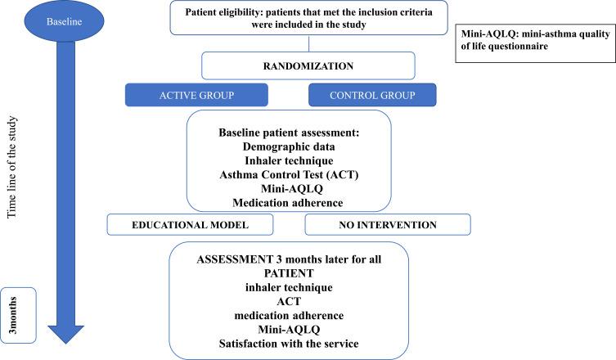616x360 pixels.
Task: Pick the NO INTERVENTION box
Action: [387, 223]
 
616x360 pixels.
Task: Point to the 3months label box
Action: [18, 316]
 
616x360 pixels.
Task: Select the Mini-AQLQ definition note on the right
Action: [534, 38]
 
